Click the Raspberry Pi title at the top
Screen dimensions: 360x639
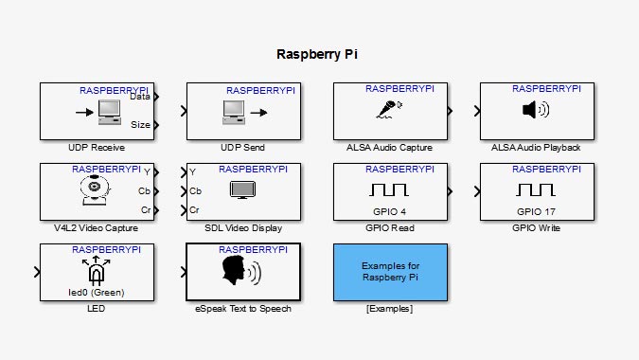319,54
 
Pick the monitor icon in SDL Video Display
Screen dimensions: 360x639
242,190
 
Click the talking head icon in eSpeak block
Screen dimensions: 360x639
241,271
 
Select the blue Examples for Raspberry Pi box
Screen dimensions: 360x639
390,272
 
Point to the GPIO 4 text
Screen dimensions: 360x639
389,211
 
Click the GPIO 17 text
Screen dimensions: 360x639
536,211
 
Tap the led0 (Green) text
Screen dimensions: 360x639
96,292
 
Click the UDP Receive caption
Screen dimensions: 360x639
97,148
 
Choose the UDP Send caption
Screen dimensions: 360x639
242,148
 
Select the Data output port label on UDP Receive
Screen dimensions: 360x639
139,96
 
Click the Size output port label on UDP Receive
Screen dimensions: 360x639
139,124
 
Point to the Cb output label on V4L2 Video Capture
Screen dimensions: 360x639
143,190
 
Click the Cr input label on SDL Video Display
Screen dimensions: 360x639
194,209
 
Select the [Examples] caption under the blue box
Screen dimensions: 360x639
389,309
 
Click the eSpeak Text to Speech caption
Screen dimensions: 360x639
242,309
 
